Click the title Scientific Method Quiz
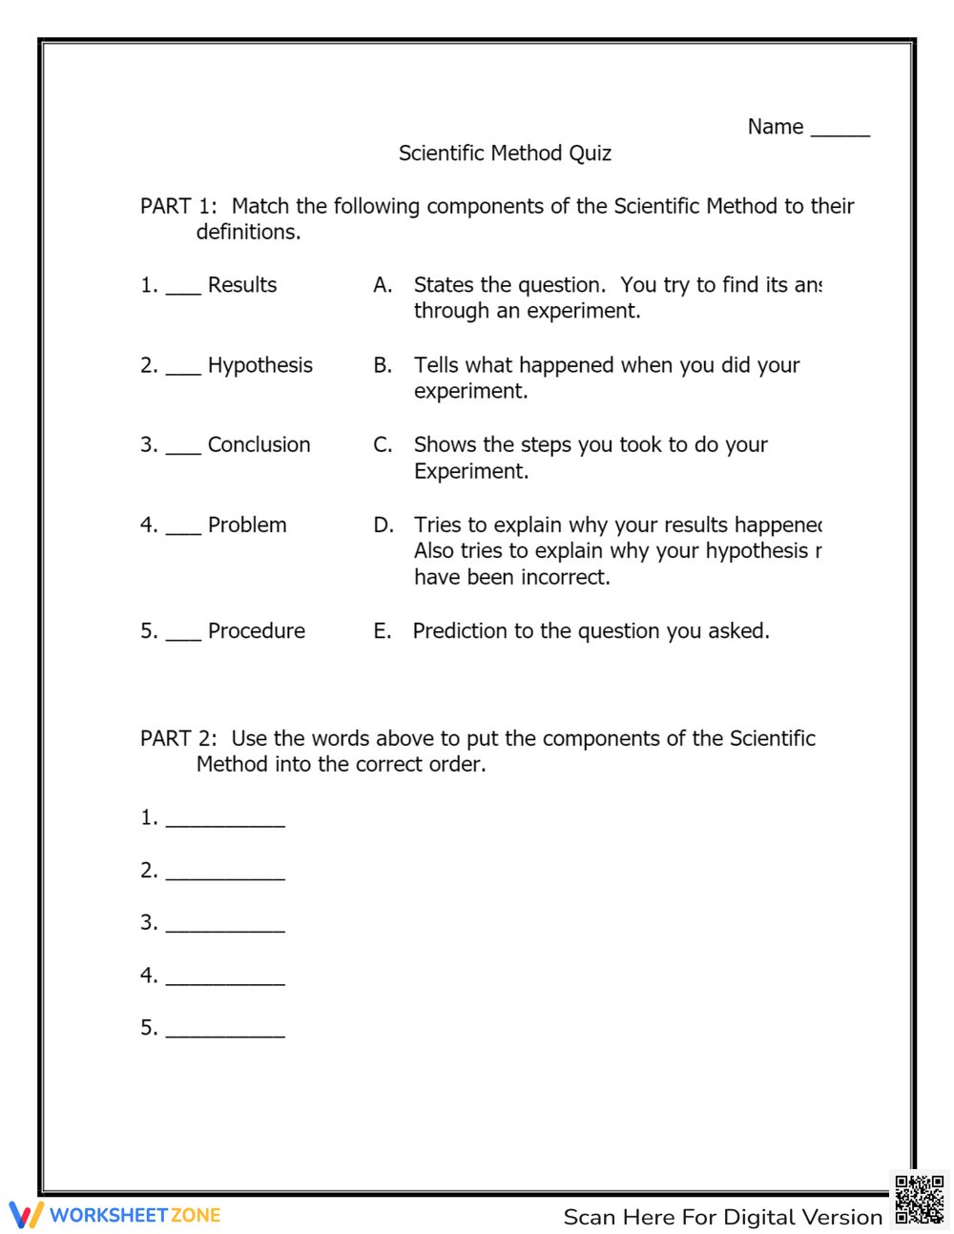[505, 154]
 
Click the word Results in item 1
[242, 285]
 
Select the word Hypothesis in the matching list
[259, 365]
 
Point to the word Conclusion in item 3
[259, 444]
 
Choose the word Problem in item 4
[247, 524]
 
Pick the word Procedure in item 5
[257, 630]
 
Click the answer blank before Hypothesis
[183, 371]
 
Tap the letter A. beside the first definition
[383, 285]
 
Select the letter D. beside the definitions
[384, 524]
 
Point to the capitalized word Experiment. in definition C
[470, 471]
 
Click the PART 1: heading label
[178, 206]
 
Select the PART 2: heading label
[178, 738]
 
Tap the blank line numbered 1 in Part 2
[225, 822]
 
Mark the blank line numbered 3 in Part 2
[225, 927]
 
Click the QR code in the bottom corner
[920, 1200]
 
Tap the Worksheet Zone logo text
[135, 1215]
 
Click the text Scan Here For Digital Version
[722, 1217]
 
